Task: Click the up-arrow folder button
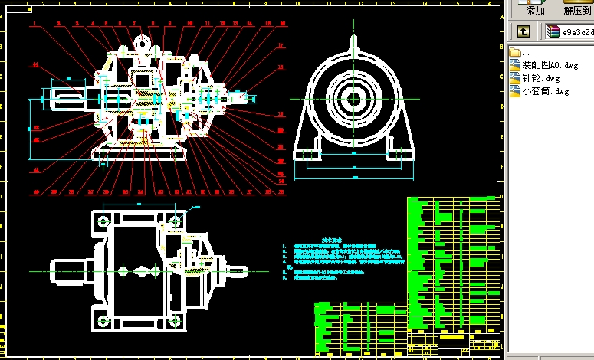(x=523, y=31)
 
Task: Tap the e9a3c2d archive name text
(x=577, y=32)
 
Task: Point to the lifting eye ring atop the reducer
(x=141, y=44)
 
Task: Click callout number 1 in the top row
(x=34, y=24)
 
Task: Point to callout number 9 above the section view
(x=169, y=24)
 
